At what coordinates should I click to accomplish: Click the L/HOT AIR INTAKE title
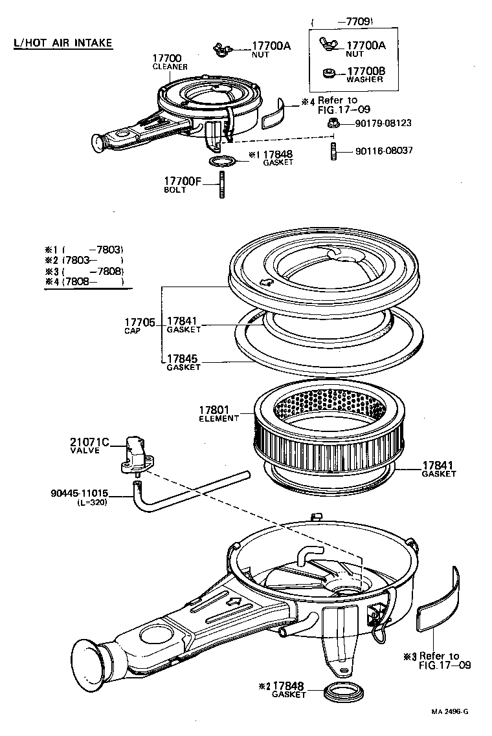coord(63,43)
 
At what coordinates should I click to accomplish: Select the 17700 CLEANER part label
coord(170,62)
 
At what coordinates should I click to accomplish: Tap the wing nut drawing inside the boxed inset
coord(328,45)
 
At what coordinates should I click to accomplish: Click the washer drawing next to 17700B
coord(328,72)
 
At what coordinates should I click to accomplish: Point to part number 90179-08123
coord(383,122)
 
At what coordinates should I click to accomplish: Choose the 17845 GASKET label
coord(183,362)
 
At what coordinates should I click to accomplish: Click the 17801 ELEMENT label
coord(218,413)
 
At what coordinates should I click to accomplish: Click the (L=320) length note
coord(91,502)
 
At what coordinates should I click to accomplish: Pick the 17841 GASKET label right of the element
coord(439,468)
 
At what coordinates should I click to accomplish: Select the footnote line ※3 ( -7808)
coord(84,270)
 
